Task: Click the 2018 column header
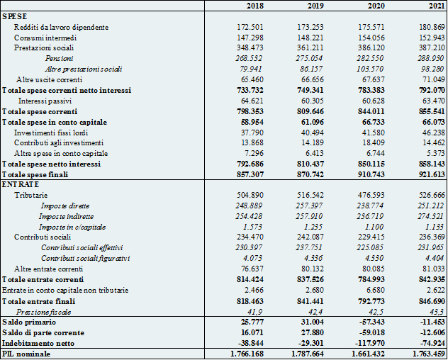(x=255, y=6)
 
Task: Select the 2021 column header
(x=437, y=6)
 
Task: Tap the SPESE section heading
(x=15, y=16)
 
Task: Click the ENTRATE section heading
(x=21, y=184)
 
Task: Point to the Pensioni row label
(x=59, y=58)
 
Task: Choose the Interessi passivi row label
(x=45, y=101)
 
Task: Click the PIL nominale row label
(x=26, y=354)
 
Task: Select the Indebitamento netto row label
(x=38, y=343)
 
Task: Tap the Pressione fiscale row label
(x=43, y=312)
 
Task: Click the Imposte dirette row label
(x=65, y=206)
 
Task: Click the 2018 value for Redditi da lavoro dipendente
(x=250, y=27)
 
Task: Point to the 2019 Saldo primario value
(x=312, y=322)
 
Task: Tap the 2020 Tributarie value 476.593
(x=371, y=195)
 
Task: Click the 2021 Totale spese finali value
(x=432, y=174)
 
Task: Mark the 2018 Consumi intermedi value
(x=250, y=38)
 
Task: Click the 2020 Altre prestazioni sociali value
(x=370, y=69)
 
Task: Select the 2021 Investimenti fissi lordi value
(x=434, y=133)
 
